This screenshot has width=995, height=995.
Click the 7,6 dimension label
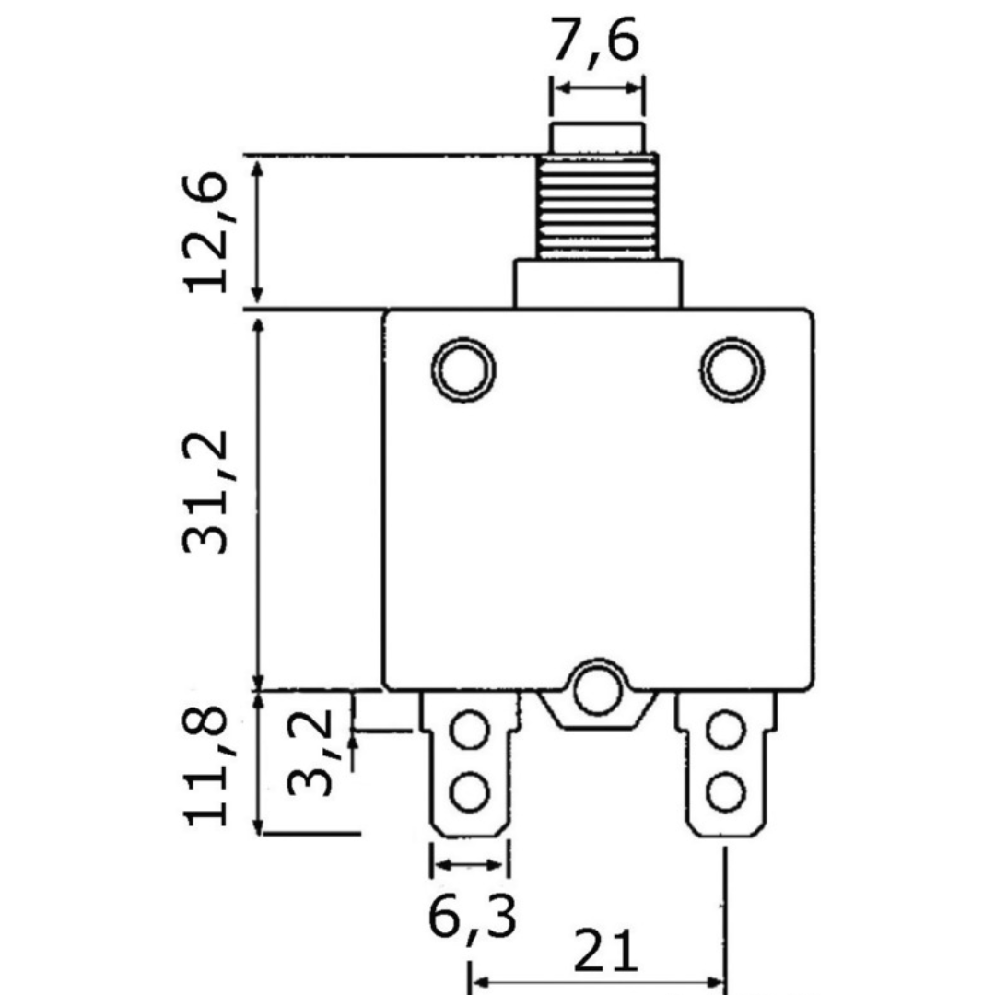595,41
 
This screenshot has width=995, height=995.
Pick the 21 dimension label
605,951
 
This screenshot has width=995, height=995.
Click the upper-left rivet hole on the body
462,369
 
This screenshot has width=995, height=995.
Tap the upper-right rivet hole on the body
732,370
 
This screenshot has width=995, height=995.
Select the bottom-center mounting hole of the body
598,689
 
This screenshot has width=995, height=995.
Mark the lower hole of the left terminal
470,790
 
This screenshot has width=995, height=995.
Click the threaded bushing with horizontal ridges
597,206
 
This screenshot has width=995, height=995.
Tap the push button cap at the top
597,137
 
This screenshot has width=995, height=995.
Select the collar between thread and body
597,283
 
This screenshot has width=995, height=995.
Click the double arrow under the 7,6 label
597,88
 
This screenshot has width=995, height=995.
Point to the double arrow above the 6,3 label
470,865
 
